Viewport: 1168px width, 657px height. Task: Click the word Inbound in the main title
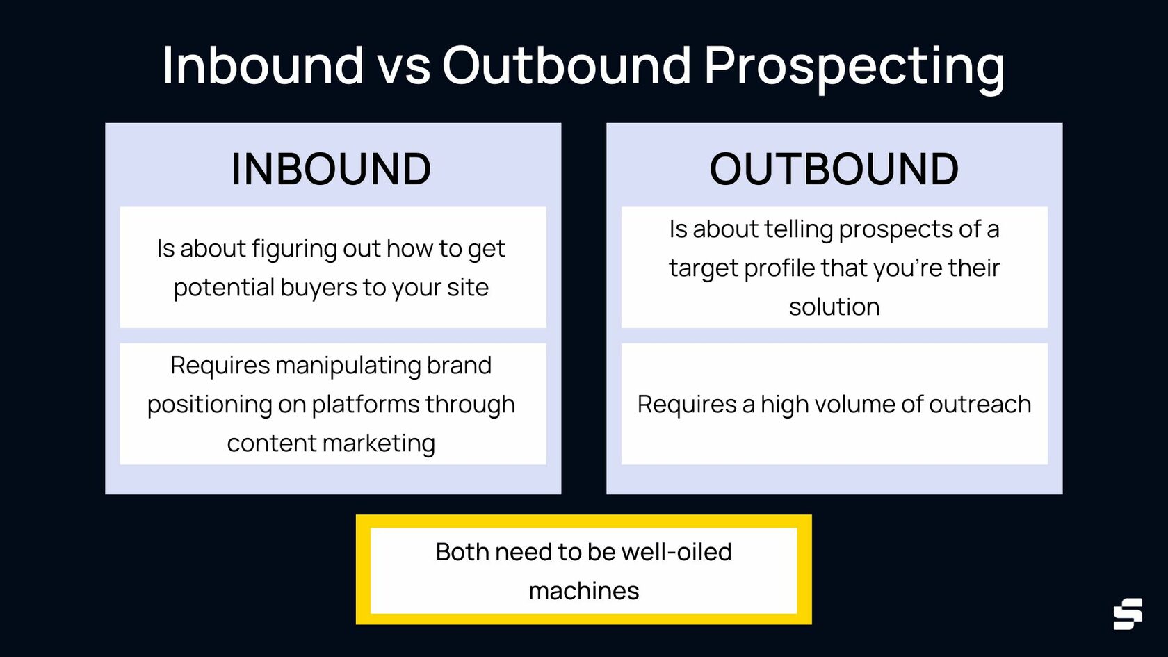(x=263, y=66)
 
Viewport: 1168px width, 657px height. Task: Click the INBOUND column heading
(x=331, y=169)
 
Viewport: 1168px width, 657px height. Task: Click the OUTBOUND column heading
(x=834, y=169)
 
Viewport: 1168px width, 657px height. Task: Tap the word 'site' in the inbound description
(x=467, y=287)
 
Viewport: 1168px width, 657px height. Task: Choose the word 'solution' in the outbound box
(x=834, y=307)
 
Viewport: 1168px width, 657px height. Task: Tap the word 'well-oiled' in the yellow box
(x=676, y=552)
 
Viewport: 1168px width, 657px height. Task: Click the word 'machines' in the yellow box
(x=583, y=591)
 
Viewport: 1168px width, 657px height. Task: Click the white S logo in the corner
(x=1127, y=614)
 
